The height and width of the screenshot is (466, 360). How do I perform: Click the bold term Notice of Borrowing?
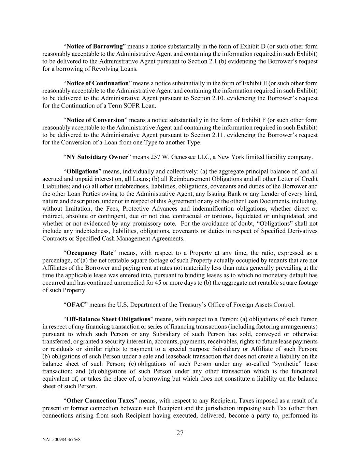coord(95,46)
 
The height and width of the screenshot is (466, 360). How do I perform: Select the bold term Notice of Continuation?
coord(97,83)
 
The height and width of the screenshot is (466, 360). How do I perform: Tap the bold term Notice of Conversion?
coord(95,120)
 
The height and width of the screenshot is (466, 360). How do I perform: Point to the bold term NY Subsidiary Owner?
coord(97,157)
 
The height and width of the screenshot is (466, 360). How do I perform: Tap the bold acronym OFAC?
coord(75,305)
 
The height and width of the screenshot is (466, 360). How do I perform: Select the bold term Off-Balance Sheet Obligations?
coord(108,320)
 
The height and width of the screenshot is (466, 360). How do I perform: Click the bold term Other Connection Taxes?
coord(100,401)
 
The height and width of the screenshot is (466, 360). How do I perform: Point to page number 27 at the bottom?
coord(180,433)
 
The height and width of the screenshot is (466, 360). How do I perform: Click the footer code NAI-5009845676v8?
coord(61,440)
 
